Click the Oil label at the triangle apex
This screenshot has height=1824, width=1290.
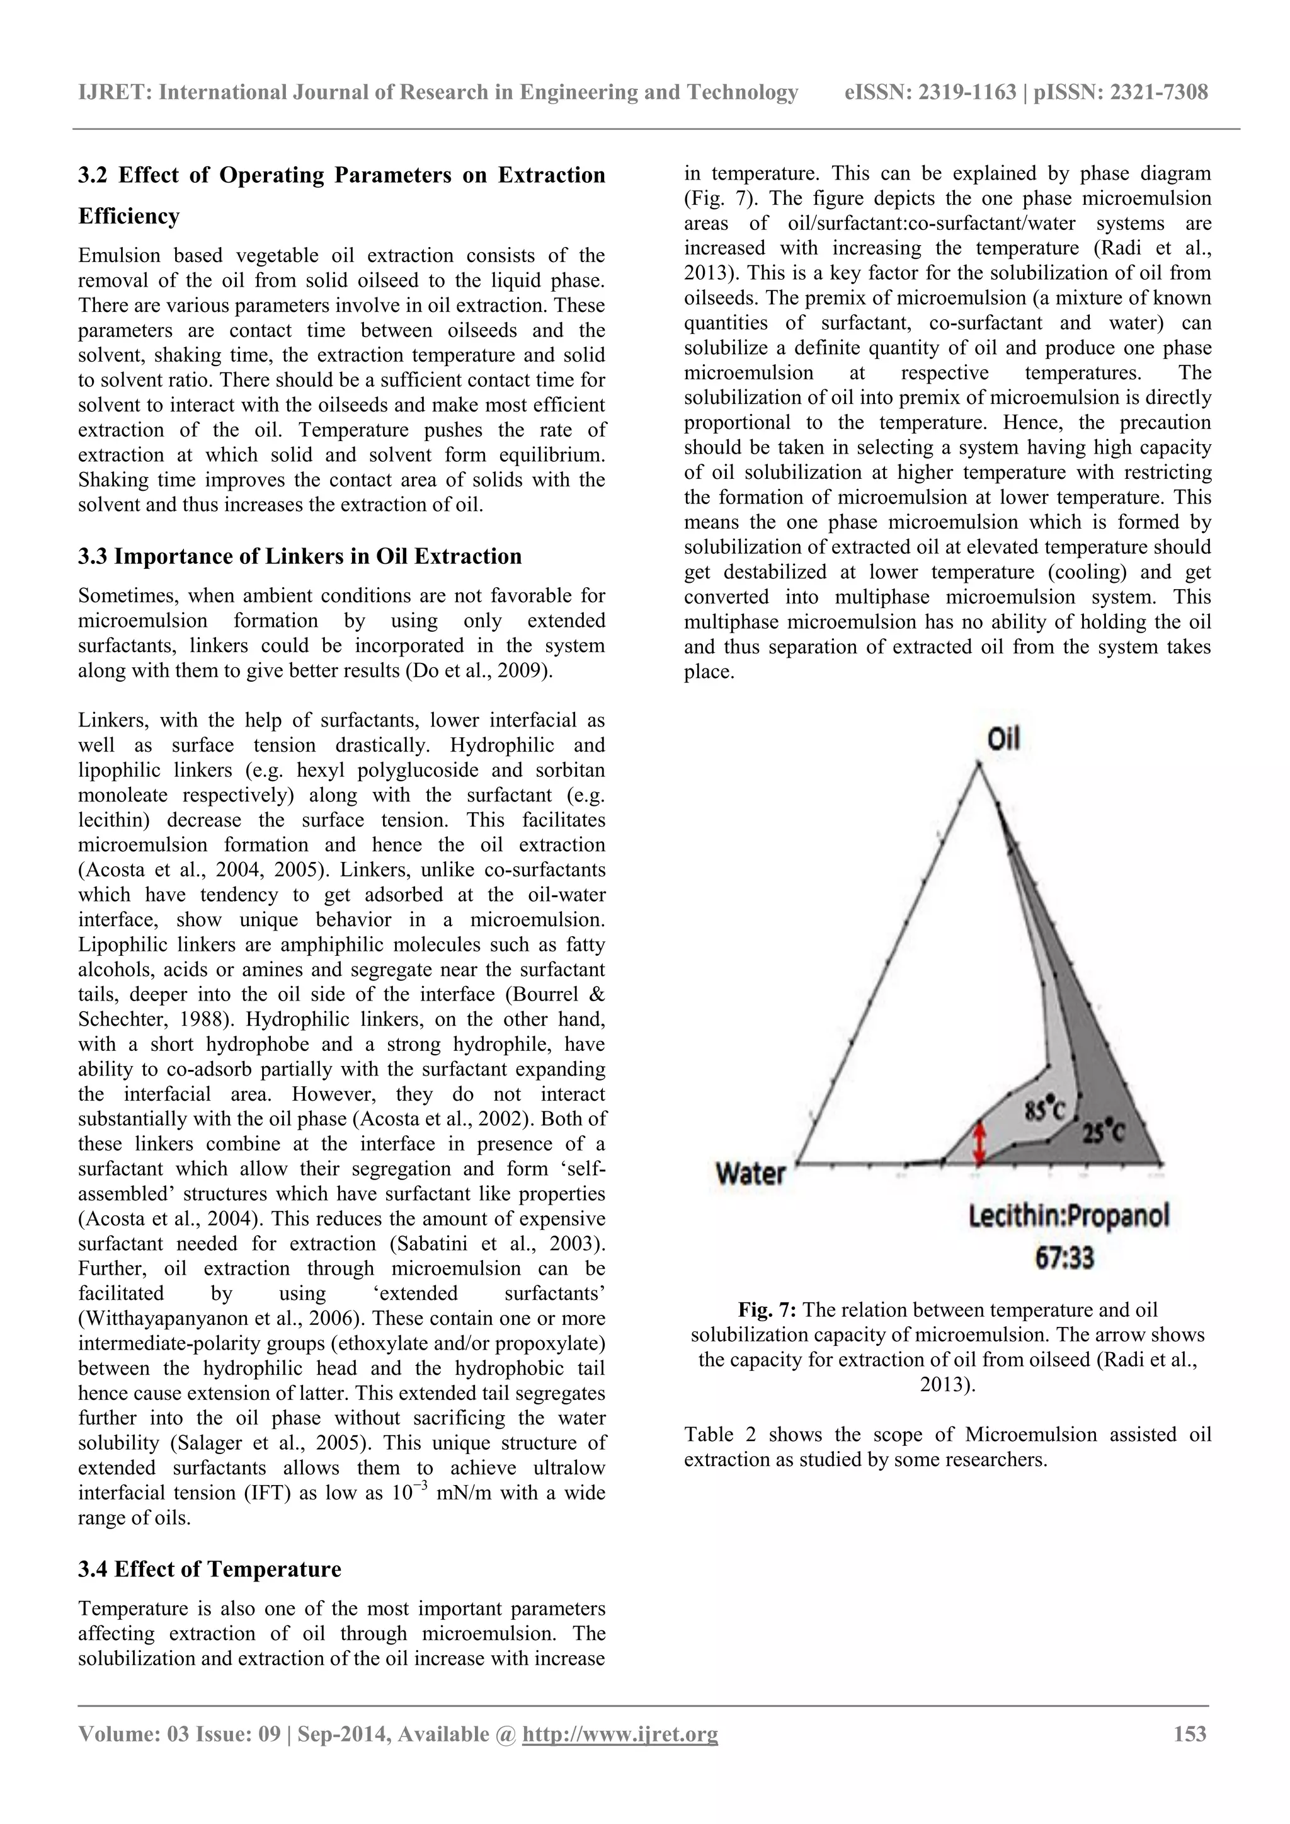click(x=1003, y=739)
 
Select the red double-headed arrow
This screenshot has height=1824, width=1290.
click(x=979, y=1141)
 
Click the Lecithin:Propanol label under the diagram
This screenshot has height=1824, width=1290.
click(x=1069, y=1215)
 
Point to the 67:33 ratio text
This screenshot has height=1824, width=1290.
click(x=1065, y=1258)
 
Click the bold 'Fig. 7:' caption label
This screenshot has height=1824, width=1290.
click(x=767, y=1310)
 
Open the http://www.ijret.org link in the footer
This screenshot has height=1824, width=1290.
click(x=620, y=1735)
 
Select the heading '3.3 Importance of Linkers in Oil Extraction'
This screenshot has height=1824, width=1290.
click(x=299, y=556)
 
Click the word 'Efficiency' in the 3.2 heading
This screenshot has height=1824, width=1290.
click(x=128, y=216)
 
